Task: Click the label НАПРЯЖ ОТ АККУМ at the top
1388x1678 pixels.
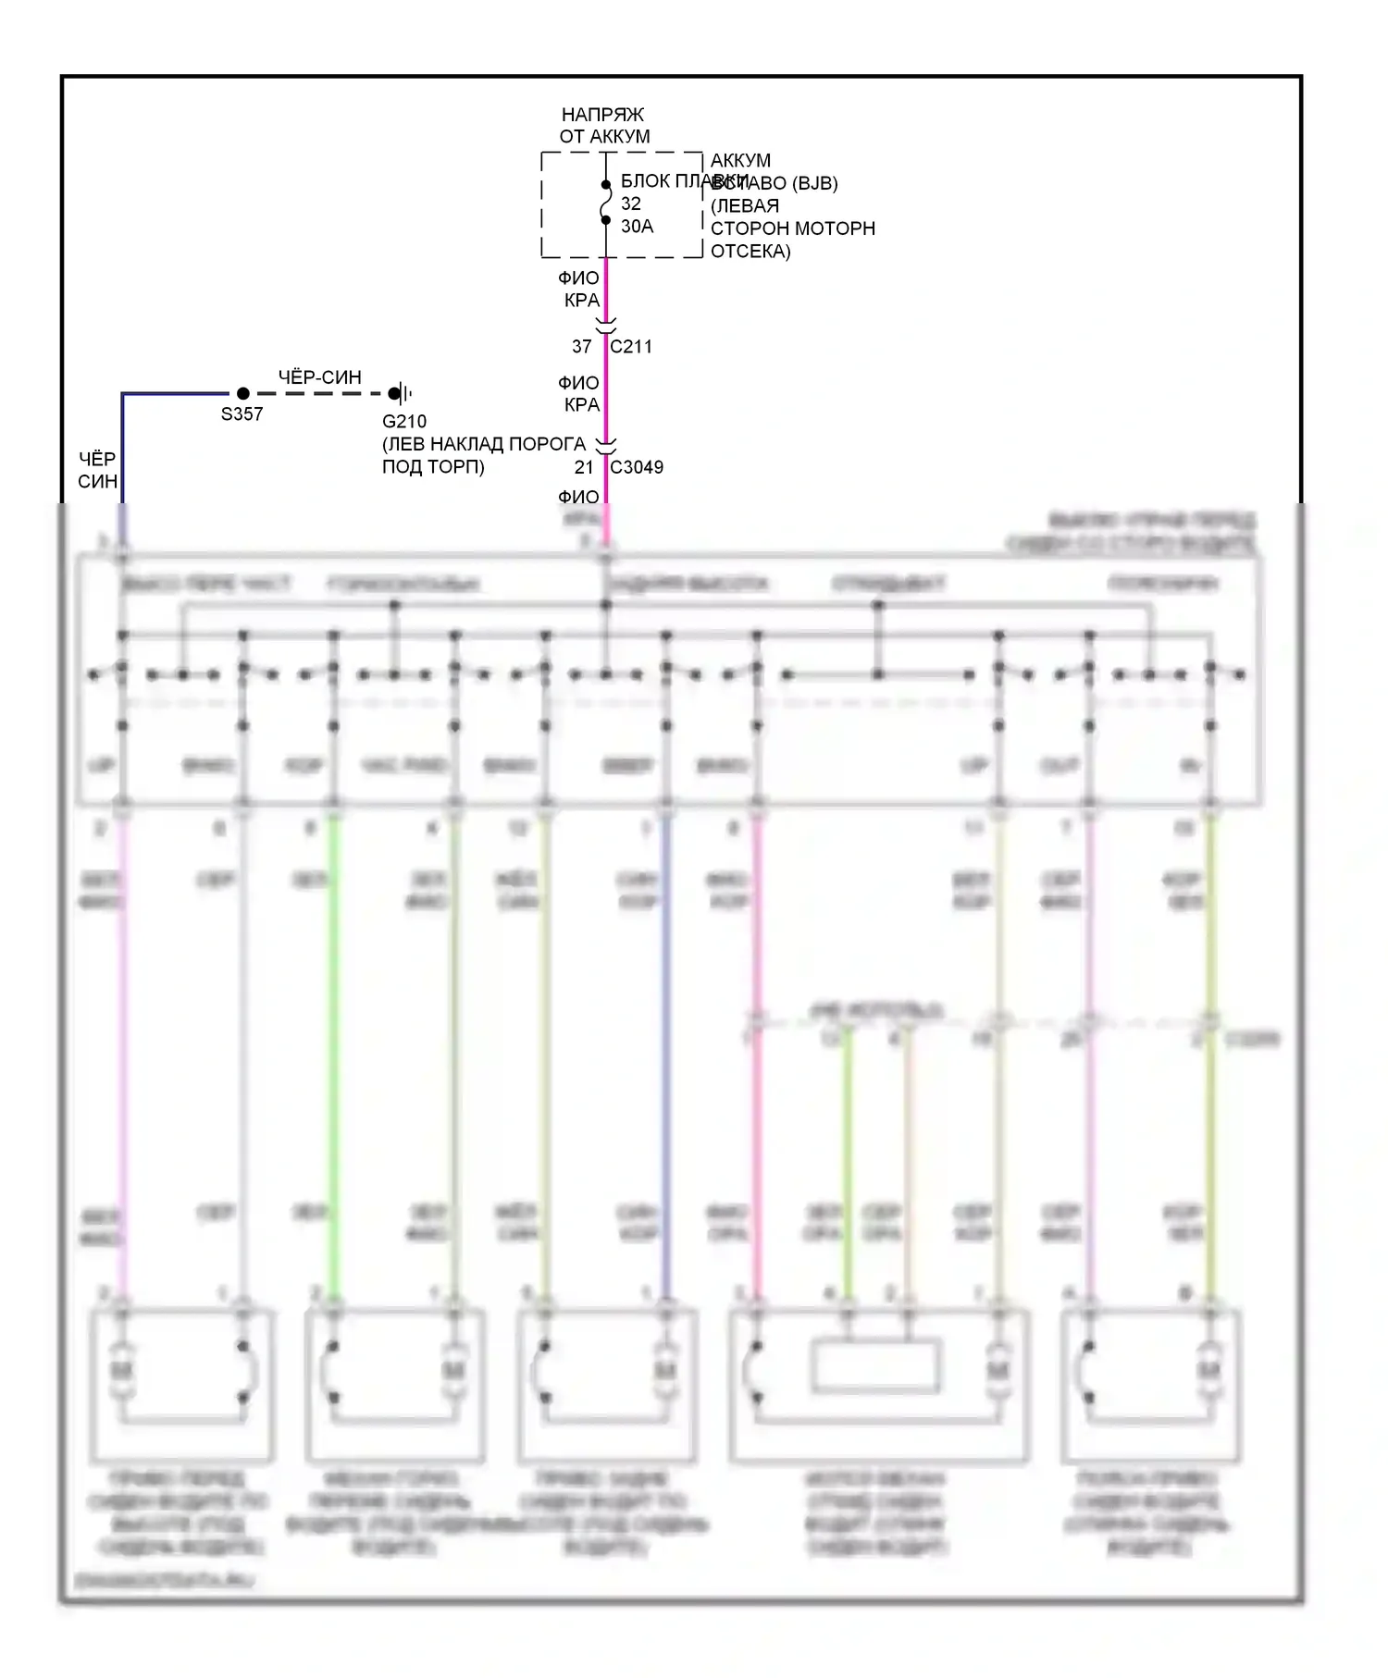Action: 603,126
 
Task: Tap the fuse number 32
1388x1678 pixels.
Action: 631,204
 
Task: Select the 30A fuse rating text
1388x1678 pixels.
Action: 637,227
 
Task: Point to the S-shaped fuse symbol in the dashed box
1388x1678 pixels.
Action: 606,203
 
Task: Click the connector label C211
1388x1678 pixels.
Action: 631,347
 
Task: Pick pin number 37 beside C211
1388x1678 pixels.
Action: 581,347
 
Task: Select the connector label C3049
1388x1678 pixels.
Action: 637,467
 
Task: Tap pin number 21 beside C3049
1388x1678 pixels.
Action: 583,467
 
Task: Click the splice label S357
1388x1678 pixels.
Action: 242,414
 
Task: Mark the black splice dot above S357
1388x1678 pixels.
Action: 243,393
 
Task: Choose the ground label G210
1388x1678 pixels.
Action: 404,422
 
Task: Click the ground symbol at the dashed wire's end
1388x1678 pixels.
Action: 402,393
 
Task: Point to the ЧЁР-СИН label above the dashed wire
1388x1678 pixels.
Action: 320,377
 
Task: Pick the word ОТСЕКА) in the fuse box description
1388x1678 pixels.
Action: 750,251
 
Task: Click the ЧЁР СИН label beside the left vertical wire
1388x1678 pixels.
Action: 97,470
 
